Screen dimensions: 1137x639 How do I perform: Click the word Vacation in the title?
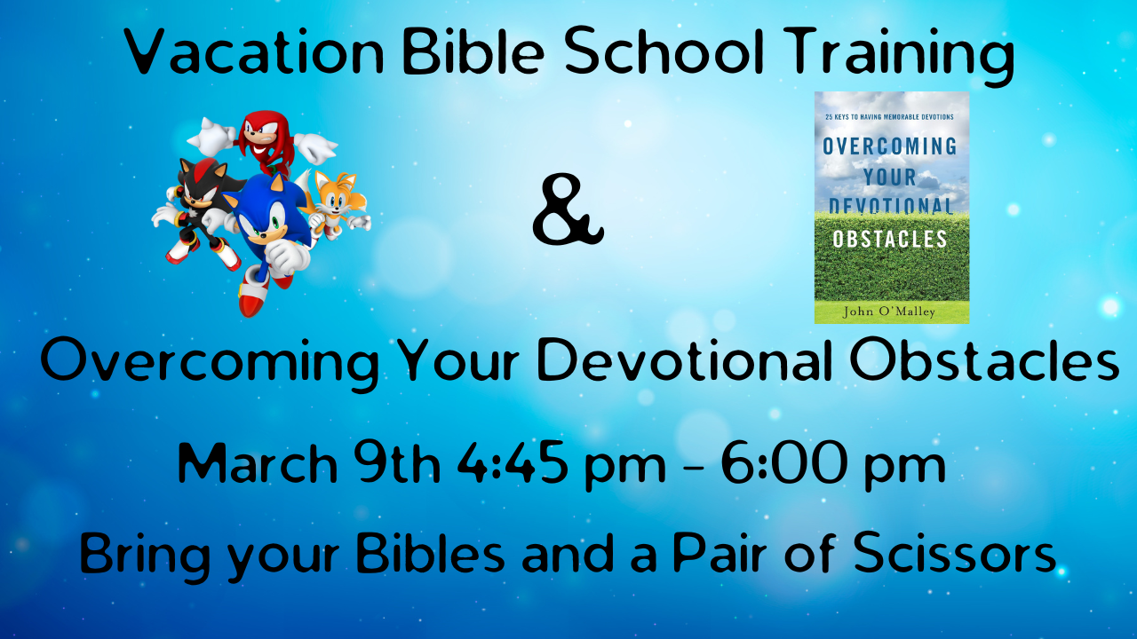(x=254, y=51)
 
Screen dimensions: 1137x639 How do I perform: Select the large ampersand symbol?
(x=568, y=210)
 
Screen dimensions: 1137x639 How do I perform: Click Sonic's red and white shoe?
(x=254, y=297)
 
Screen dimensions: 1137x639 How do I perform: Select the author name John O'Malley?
(x=889, y=312)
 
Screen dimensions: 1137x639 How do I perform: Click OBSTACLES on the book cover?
(x=890, y=240)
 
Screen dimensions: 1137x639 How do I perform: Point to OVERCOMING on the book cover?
(x=890, y=146)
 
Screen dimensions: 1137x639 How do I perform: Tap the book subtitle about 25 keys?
(x=889, y=117)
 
